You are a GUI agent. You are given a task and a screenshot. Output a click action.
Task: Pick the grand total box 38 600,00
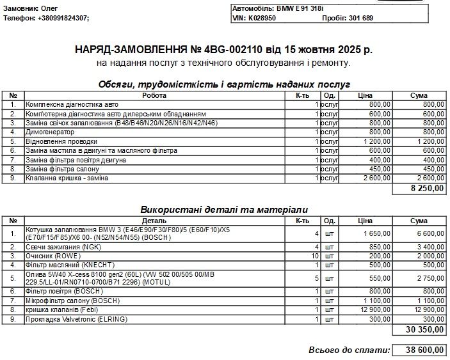[421, 350]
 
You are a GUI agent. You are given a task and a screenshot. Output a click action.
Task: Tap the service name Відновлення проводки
[61, 141]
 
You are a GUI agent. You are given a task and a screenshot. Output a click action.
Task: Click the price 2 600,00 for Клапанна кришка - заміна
[372, 178]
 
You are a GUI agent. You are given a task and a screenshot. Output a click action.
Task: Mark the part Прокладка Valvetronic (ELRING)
[76, 319]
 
